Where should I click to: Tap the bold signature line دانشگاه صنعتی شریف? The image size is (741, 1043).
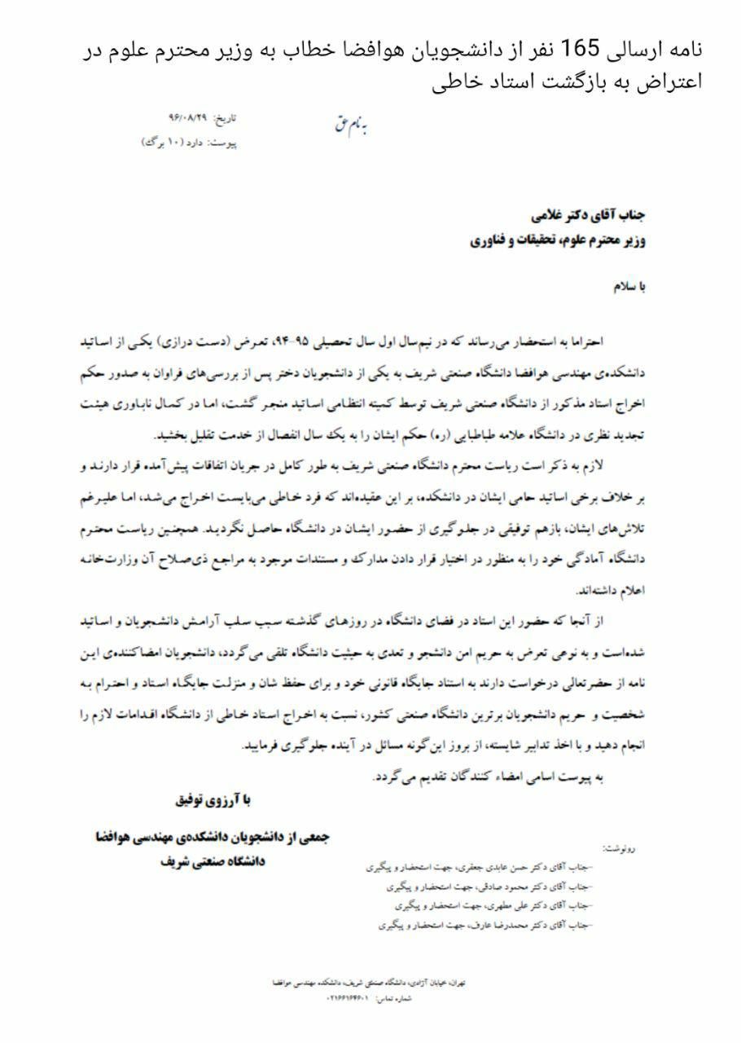click(x=213, y=861)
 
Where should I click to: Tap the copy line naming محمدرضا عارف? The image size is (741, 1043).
click(x=486, y=925)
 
